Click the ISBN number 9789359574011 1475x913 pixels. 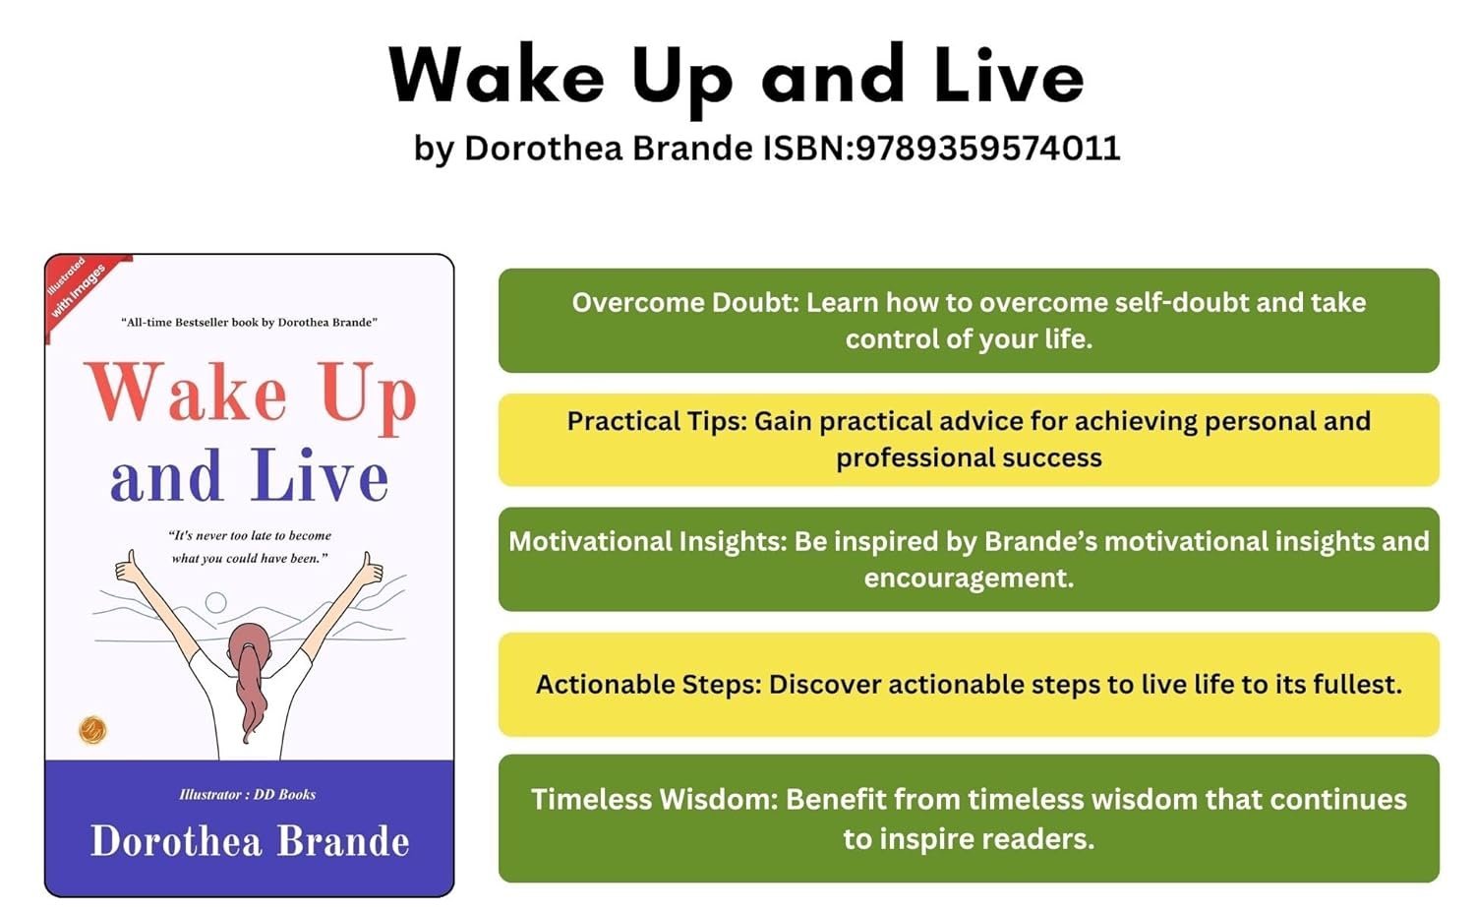[x=987, y=148]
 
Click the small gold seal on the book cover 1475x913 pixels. [x=92, y=730]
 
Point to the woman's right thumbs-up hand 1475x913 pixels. [x=370, y=568]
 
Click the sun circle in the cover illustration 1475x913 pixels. [x=215, y=602]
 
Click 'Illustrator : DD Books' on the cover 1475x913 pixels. [x=248, y=794]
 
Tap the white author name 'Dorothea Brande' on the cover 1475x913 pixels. [x=250, y=841]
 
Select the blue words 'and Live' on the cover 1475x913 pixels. [x=250, y=475]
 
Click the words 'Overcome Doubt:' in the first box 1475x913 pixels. [x=685, y=303]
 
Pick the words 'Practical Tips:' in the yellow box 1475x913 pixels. [x=657, y=422]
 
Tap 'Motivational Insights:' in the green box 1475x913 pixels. [x=648, y=541]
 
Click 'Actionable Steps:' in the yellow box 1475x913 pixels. [x=649, y=685]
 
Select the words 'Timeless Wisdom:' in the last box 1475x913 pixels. [x=655, y=800]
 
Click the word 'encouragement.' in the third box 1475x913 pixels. [x=969, y=578]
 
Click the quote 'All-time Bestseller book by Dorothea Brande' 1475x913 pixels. [x=249, y=322]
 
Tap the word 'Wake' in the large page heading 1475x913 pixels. [x=497, y=77]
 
